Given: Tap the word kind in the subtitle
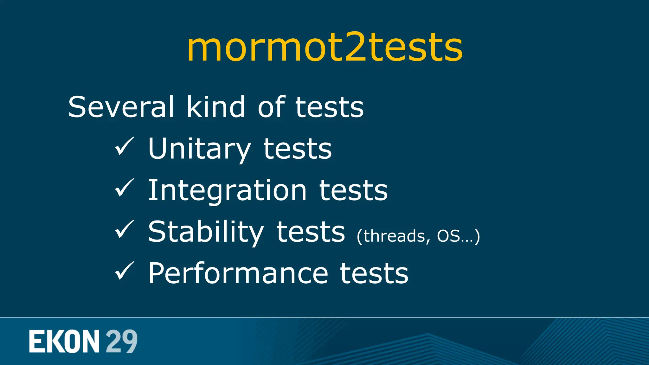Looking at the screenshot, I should click(215, 107).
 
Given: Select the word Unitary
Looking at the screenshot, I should click(200, 149).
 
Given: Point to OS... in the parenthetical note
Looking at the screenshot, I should click(455, 236).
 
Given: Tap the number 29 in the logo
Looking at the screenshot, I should click(121, 342).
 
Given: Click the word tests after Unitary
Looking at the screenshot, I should click(298, 149).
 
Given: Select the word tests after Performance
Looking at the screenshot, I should click(374, 273).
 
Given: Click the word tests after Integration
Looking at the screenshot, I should click(353, 191).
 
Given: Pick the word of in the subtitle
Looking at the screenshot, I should click(271, 107).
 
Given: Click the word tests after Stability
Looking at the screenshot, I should click(311, 232).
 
